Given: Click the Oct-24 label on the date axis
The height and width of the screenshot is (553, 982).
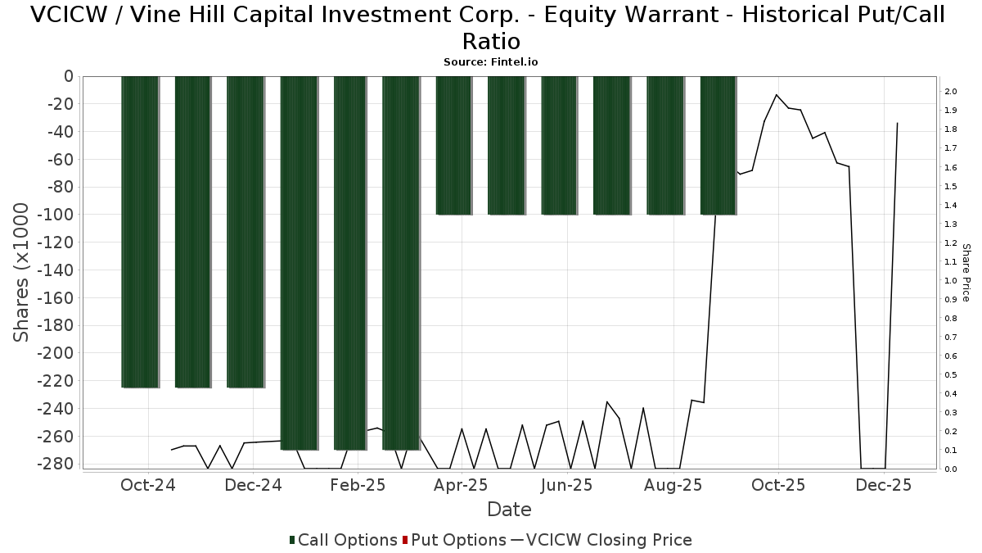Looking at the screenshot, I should (x=147, y=485).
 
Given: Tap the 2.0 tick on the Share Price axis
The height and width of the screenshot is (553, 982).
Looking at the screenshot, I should (x=950, y=91).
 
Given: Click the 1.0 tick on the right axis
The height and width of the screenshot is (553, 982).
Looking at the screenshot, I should (x=950, y=281).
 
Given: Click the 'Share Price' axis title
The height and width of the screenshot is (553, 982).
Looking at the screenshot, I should (x=966, y=273).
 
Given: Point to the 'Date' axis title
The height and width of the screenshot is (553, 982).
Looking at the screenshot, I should (x=509, y=510).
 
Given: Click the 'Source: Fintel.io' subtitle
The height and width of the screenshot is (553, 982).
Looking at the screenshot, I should (x=491, y=62).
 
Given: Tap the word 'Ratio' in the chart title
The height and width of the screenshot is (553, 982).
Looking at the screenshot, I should (x=491, y=41).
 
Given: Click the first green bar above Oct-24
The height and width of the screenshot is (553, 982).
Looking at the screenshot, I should (x=140, y=232).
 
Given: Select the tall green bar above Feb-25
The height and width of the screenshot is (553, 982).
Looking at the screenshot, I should (x=351, y=262).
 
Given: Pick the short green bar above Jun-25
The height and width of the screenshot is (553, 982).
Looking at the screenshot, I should (x=560, y=145).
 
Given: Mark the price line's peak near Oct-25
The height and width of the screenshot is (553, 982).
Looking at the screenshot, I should (x=776, y=95).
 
